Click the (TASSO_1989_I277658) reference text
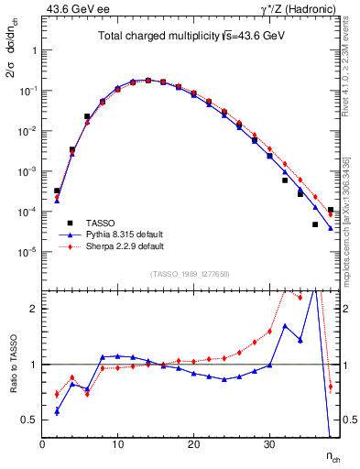pyautogui.click(x=191, y=275)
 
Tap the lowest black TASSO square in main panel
pyautogui.click(x=315, y=224)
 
